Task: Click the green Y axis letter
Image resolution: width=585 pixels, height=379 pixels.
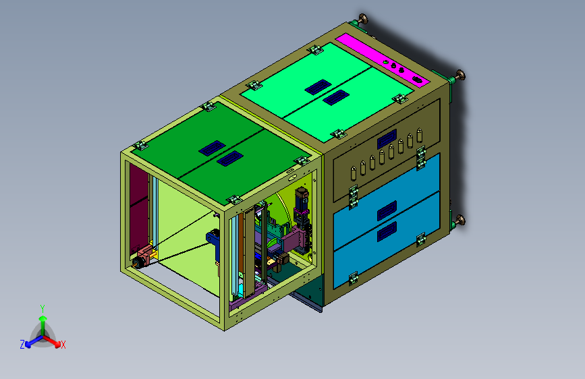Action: pos(43,309)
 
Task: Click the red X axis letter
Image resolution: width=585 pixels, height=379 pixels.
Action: pos(63,345)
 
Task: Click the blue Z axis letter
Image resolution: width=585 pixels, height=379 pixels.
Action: pos(22,345)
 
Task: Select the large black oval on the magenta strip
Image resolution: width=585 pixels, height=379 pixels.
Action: pos(418,79)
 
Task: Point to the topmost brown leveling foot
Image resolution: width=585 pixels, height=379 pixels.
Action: pos(362,18)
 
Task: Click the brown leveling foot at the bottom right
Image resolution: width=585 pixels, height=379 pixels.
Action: pos(460,220)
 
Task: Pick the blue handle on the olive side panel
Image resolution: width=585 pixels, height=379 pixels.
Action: pos(387,139)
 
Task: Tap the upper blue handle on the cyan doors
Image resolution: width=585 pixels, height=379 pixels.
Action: pos(387,211)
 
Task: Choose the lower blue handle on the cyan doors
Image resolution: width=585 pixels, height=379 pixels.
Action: pos(387,232)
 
